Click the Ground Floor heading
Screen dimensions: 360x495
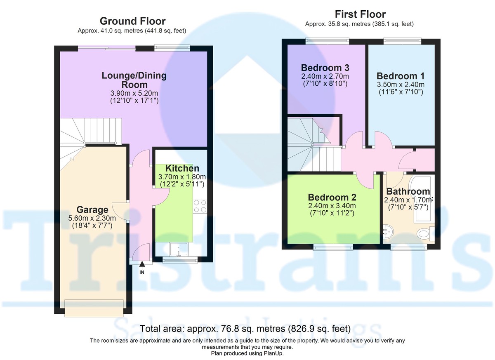(x=132, y=21)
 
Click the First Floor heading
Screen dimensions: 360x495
(x=360, y=14)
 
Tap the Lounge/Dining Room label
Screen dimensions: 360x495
(x=134, y=80)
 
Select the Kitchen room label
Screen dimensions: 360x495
(x=182, y=168)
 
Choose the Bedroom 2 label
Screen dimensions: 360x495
(x=332, y=198)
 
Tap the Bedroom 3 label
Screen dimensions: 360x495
(x=325, y=68)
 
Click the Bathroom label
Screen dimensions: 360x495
(x=408, y=191)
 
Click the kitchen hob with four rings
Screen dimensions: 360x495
(x=200, y=206)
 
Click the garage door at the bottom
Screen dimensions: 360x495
(x=94, y=308)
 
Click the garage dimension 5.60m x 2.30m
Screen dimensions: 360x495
(x=92, y=218)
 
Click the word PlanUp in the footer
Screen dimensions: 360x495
(x=273, y=353)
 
